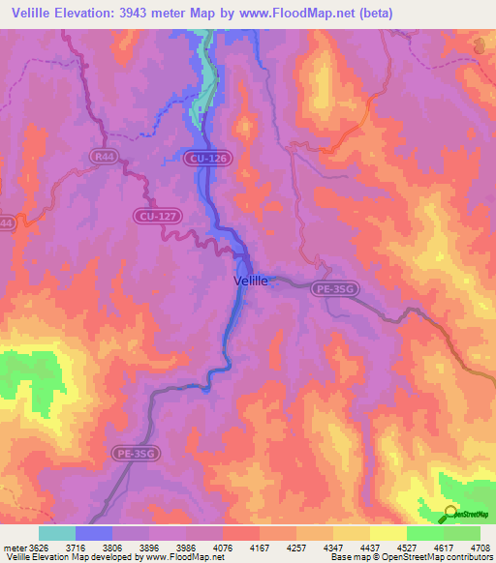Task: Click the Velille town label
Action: click(256, 281)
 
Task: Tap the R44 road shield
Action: click(104, 156)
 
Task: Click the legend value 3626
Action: click(39, 546)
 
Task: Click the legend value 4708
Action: click(480, 546)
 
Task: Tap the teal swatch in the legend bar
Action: click(57, 533)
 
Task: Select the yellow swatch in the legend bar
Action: click(387, 533)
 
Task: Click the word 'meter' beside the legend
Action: click(15, 546)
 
